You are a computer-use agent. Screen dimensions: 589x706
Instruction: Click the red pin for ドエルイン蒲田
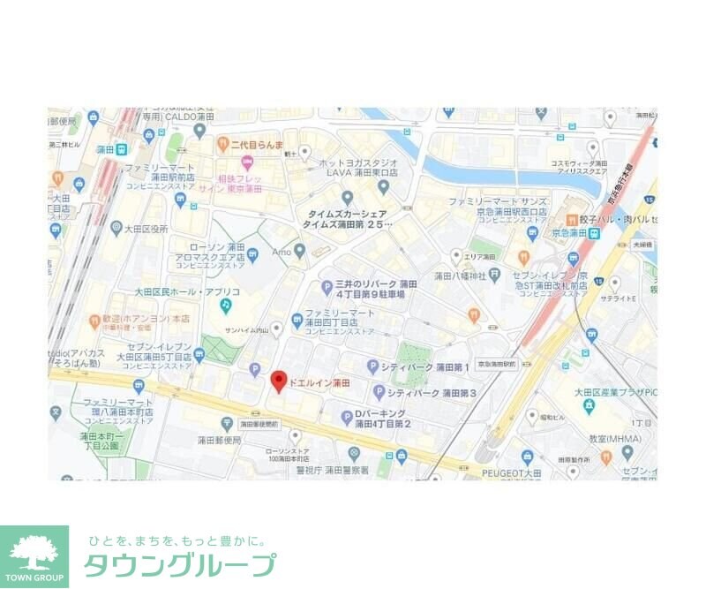click(279, 381)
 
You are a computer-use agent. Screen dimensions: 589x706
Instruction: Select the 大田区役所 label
click(146, 229)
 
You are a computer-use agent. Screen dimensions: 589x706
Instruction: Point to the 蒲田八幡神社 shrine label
click(447, 276)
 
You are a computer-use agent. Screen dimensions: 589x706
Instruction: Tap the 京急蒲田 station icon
click(596, 233)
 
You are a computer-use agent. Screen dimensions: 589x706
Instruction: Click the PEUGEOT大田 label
click(511, 473)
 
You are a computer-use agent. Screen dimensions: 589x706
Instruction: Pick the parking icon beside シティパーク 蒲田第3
click(379, 392)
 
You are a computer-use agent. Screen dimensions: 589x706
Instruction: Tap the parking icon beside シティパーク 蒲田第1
click(373, 366)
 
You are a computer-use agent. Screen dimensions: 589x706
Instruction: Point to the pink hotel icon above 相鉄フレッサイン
click(247, 161)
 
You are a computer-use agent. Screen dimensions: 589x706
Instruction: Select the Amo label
click(281, 252)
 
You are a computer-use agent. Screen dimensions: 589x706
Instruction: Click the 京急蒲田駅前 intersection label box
click(496, 364)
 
